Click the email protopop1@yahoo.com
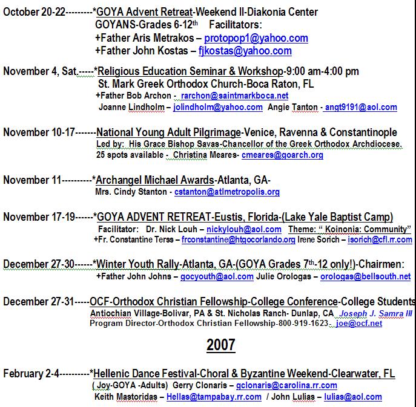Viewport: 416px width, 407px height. point(256,38)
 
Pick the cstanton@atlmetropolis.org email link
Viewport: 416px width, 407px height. point(227,192)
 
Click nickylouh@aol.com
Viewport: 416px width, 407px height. point(243,229)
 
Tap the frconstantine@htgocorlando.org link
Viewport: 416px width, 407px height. point(239,239)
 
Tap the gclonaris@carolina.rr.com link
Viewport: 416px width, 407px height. point(286,385)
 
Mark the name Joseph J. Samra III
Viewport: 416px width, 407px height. point(375,314)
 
